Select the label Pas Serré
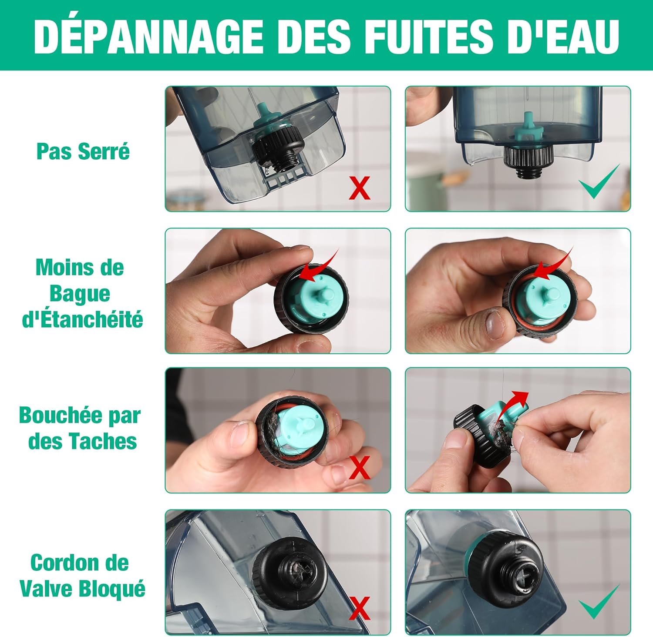click(x=83, y=151)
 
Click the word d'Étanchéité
click(x=82, y=320)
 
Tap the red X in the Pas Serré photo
click(x=360, y=188)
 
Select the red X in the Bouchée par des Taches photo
click(x=360, y=468)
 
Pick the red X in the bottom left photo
click(x=360, y=608)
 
